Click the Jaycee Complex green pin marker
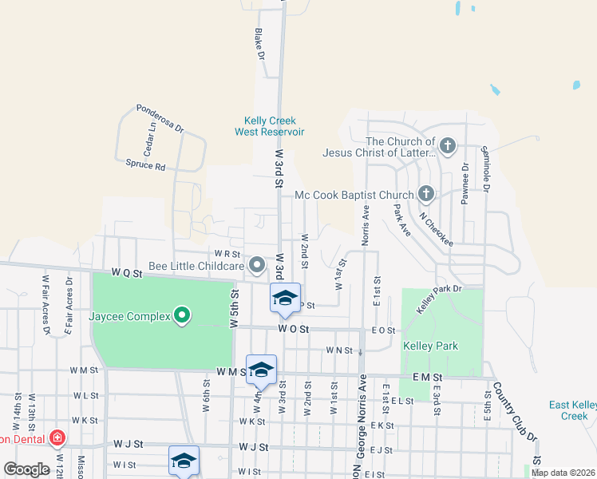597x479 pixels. pyautogui.click(x=182, y=316)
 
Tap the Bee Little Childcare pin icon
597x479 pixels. pyautogui.click(x=257, y=264)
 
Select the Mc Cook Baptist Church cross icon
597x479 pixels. pyautogui.click(x=426, y=194)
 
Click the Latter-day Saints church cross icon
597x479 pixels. pyautogui.click(x=448, y=145)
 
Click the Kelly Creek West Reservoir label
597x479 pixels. pyautogui.click(x=270, y=126)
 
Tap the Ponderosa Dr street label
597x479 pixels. pyautogui.click(x=160, y=118)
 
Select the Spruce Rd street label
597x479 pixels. pyautogui.click(x=145, y=167)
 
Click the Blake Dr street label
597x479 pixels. pyautogui.click(x=259, y=45)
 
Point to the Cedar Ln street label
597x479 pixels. pyautogui.click(x=148, y=144)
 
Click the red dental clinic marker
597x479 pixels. pyautogui.click(x=56, y=437)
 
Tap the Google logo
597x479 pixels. pyautogui.click(x=26, y=469)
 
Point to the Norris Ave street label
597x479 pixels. pyautogui.click(x=366, y=226)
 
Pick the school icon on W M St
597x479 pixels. pyautogui.click(x=261, y=370)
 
